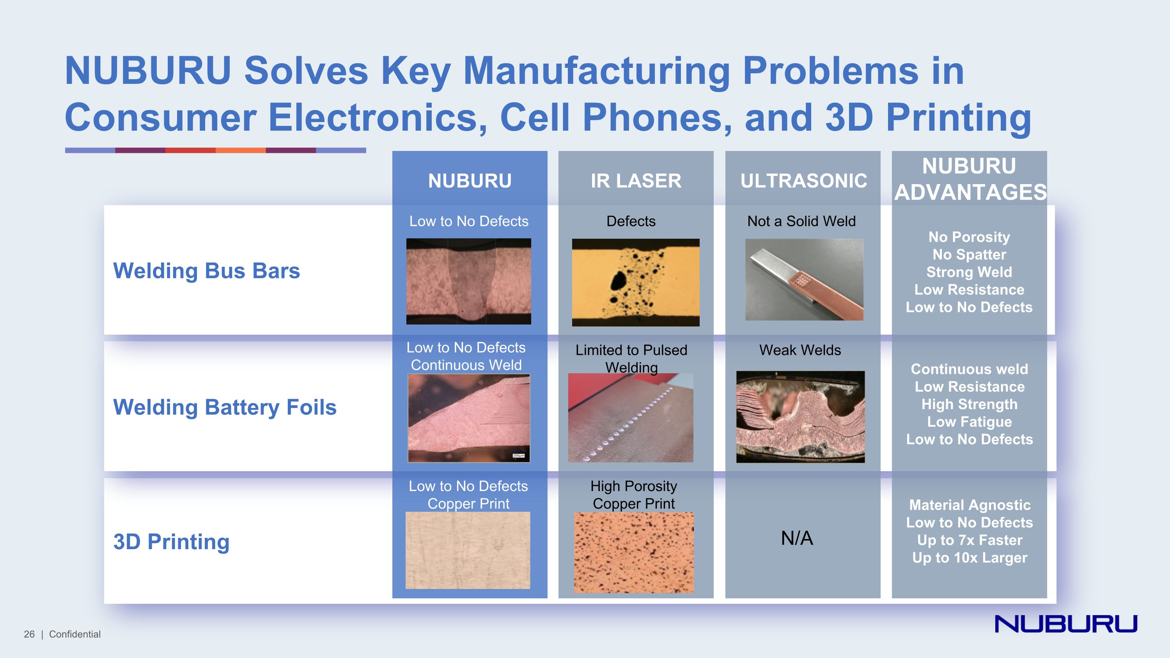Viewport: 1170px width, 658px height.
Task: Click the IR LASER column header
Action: pyautogui.click(x=636, y=181)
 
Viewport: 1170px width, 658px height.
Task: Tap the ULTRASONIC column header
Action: pyautogui.click(x=803, y=181)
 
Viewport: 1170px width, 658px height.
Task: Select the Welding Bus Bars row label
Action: pyautogui.click(x=206, y=271)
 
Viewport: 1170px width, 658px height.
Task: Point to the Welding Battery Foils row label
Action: pyautogui.click(x=224, y=407)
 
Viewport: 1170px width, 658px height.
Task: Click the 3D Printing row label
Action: pyautogui.click(x=171, y=541)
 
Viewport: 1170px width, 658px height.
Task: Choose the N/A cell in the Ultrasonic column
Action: pyautogui.click(x=797, y=538)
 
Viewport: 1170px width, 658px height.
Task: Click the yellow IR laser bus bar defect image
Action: pyautogui.click(x=635, y=282)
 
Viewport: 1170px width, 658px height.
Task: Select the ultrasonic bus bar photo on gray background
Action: pyautogui.click(x=804, y=280)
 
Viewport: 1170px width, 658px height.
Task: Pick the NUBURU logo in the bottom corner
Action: pyautogui.click(x=1066, y=624)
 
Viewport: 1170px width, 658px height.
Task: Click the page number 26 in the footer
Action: pyautogui.click(x=29, y=634)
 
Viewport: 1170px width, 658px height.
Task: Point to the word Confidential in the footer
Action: pyautogui.click(x=75, y=634)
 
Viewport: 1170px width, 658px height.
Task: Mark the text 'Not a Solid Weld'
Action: pyautogui.click(x=801, y=221)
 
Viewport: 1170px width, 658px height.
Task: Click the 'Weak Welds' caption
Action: pyautogui.click(x=800, y=350)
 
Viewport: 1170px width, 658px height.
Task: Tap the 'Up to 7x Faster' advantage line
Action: pyautogui.click(x=969, y=540)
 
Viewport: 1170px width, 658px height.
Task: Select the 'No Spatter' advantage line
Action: pyautogui.click(x=969, y=254)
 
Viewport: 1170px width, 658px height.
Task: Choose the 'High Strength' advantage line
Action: pyautogui.click(x=969, y=404)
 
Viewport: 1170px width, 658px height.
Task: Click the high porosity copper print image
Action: pyautogui.click(x=634, y=552)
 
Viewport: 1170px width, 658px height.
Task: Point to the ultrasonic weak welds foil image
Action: pyautogui.click(x=800, y=417)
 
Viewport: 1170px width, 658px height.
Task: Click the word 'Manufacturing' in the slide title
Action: pyautogui.click(x=596, y=71)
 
